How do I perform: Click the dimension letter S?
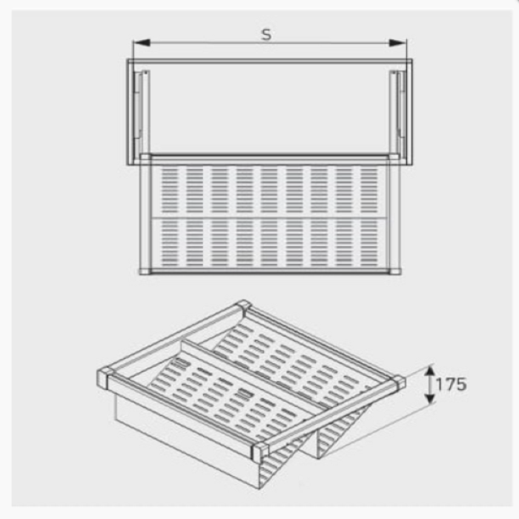tap(266, 34)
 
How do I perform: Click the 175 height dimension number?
tap(451, 384)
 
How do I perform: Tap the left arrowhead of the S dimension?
tap(142, 43)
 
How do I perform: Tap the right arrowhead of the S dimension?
tap(398, 43)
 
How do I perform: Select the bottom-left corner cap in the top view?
tap(145, 271)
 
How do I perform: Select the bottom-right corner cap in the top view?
tap(395, 271)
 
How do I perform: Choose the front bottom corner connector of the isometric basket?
tap(259, 452)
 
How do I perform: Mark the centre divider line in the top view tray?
tap(268, 217)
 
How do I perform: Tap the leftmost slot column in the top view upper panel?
tap(170, 191)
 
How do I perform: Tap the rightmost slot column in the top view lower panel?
tap(368, 243)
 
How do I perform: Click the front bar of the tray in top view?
tap(270, 271)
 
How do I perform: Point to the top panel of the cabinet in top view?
tap(270, 62)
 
